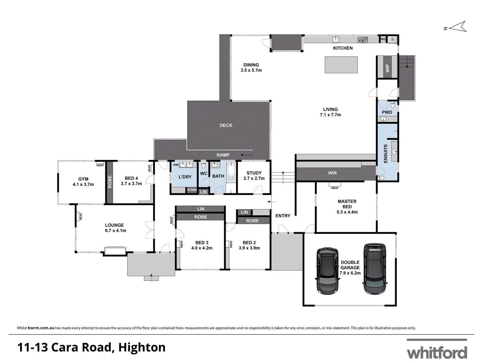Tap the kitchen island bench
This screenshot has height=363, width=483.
click(341, 65)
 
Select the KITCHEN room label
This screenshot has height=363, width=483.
click(342, 48)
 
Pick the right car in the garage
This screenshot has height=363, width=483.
click(375, 269)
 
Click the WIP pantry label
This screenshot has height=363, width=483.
click(387, 68)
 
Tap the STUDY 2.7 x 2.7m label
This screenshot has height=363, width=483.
click(254, 176)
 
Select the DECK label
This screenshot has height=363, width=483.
click(226, 125)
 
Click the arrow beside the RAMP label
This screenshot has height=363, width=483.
click(247, 155)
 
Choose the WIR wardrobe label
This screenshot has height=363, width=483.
click(332, 173)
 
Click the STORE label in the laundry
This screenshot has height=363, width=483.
click(192, 190)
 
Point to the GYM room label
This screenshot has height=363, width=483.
click(83, 179)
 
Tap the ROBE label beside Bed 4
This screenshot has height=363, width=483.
click(109, 182)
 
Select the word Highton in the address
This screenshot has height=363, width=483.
click(142, 347)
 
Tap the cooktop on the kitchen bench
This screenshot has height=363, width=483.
click(363, 39)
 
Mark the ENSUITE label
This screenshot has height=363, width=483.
click(385, 153)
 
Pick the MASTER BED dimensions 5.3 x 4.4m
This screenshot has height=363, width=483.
click(347, 212)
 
